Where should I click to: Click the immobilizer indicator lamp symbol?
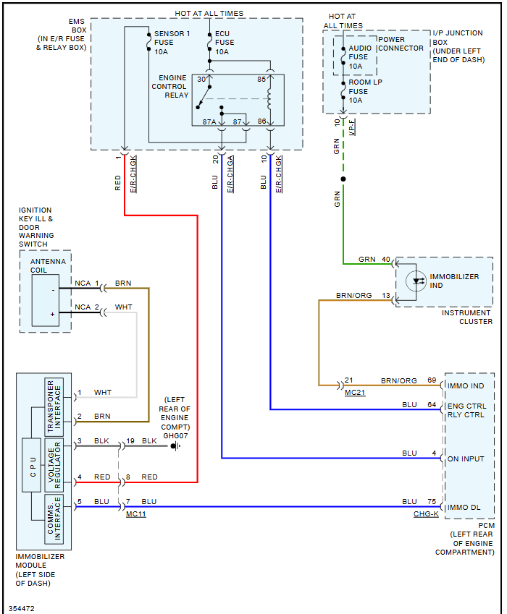click(416, 281)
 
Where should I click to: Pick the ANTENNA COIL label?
click(47, 265)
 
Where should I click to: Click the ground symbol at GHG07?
click(175, 445)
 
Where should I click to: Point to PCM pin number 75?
click(432, 501)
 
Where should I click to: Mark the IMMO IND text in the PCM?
click(466, 386)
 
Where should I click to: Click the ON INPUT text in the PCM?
click(466, 459)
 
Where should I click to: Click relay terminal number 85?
click(261, 79)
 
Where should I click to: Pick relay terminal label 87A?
click(209, 122)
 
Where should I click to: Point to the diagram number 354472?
click(22, 608)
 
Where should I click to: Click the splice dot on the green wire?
click(343, 179)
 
